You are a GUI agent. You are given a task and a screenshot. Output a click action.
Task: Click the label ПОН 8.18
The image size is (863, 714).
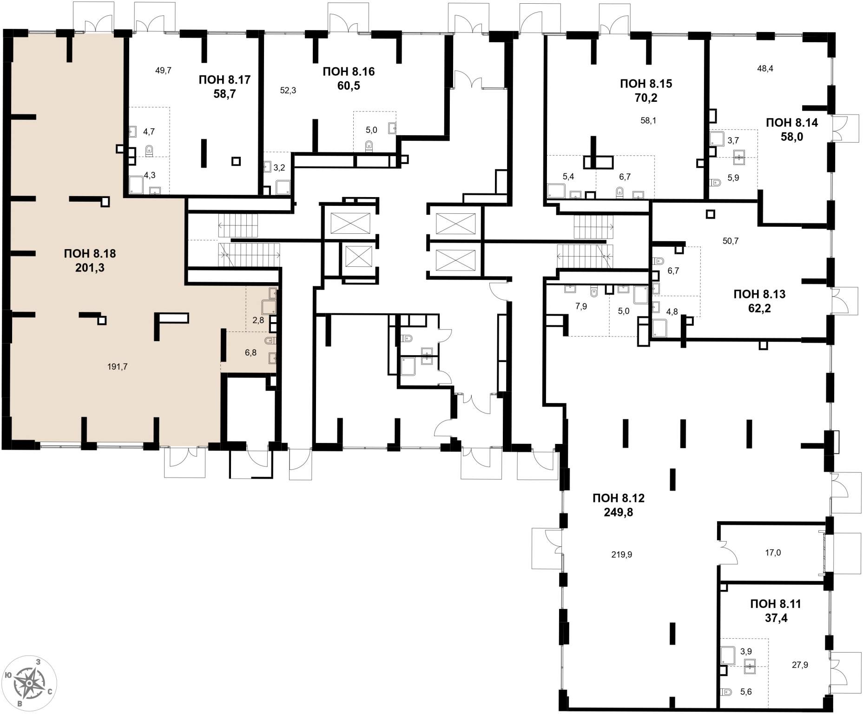[90, 254]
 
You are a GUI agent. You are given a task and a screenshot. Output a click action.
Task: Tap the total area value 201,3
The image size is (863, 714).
[90, 268]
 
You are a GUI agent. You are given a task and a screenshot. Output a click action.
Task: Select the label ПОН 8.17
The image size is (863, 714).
[224, 80]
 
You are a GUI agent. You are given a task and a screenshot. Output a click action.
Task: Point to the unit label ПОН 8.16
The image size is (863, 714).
[349, 72]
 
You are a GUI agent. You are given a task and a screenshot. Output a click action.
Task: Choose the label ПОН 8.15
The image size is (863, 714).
[646, 84]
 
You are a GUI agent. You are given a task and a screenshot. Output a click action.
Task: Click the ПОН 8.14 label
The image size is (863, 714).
[792, 123]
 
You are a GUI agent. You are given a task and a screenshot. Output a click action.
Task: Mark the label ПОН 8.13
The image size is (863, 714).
[759, 294]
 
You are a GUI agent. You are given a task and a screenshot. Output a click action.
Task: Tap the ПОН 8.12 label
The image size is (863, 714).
[619, 498]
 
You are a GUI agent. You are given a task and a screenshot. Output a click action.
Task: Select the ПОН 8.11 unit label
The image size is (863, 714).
[776, 604]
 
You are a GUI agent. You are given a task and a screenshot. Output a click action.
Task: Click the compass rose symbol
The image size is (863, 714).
[29, 683]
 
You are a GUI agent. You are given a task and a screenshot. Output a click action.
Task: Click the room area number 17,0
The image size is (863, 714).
[773, 553]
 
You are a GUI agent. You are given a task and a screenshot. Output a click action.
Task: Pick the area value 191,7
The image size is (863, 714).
[117, 367]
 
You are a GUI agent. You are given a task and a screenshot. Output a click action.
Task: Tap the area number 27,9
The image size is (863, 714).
[800, 665]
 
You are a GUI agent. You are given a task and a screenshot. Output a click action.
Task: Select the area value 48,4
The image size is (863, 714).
[765, 69]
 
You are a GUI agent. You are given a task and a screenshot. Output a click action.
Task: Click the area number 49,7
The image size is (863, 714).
[163, 71]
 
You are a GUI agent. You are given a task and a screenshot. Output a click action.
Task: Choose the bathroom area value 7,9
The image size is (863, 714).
[581, 306]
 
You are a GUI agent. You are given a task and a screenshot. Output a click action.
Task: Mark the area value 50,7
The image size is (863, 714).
[730, 241]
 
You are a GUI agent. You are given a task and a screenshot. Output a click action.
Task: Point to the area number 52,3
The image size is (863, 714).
[288, 91]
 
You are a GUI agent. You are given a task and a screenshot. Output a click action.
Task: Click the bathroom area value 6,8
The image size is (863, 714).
[250, 353]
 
